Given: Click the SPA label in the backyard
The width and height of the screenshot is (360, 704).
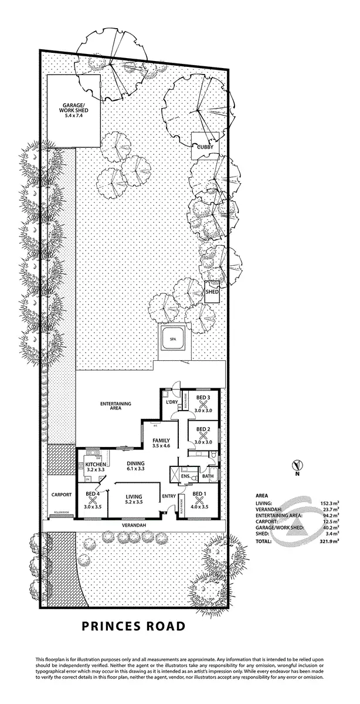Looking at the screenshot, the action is [x=173, y=340].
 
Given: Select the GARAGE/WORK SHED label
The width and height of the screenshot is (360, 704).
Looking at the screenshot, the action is [x=74, y=110].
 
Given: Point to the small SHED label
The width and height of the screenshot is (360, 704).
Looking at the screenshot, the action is [x=212, y=292].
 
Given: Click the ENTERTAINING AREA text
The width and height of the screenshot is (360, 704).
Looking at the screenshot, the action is [x=116, y=407].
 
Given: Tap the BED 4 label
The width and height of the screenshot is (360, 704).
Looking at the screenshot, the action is [x=93, y=493].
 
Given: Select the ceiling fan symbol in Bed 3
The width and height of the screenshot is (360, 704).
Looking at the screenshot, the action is [x=202, y=404].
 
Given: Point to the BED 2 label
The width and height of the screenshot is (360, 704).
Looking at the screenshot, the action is [x=203, y=429].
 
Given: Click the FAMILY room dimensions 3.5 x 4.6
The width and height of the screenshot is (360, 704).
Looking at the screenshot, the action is [x=161, y=446].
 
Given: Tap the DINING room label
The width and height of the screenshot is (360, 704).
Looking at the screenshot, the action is [x=136, y=462].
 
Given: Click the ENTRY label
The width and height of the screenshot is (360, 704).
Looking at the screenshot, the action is [x=169, y=496].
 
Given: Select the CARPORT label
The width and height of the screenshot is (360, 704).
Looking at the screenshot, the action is [x=61, y=495].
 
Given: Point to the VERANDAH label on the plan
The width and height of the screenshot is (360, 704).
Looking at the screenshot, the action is [x=134, y=525].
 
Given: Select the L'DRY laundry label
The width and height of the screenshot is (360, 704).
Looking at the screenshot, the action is [x=172, y=401].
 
